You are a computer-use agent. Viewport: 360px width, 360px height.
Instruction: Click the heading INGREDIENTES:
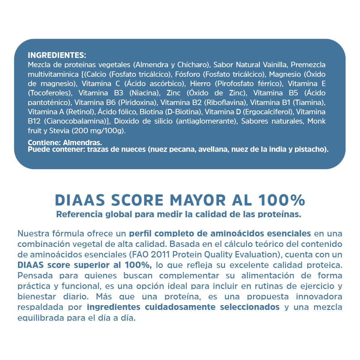click(57, 55)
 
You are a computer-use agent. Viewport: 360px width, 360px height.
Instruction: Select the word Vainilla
click(275, 65)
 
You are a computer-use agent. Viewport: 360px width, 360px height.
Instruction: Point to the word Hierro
click(200, 84)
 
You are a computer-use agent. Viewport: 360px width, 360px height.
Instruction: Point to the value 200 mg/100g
click(98, 131)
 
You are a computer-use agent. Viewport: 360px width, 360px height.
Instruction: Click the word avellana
click(211, 149)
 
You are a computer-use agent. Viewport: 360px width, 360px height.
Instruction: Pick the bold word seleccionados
click(250, 307)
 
